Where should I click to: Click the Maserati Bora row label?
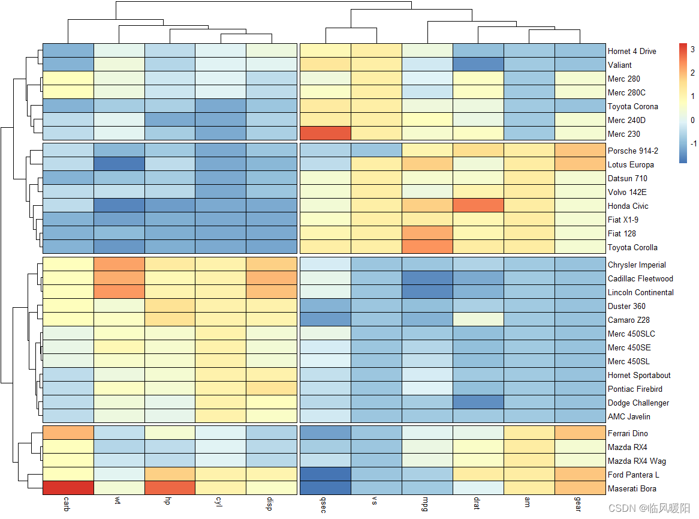click(x=632, y=488)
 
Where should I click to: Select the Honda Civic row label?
click(x=628, y=206)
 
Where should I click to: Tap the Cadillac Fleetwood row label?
click(x=640, y=278)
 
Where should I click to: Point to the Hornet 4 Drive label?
click(x=632, y=51)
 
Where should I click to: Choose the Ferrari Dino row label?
click(x=628, y=433)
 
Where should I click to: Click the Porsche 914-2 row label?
click(x=632, y=151)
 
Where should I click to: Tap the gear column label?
click(x=580, y=505)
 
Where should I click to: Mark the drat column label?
click(x=478, y=503)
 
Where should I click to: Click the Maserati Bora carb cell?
click(x=68, y=488)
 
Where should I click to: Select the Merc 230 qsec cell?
click(x=325, y=134)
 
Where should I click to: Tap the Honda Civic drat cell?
click(x=478, y=206)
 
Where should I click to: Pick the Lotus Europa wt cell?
click(x=119, y=164)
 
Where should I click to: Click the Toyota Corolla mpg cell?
click(x=427, y=247)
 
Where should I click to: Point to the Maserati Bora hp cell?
click(x=170, y=488)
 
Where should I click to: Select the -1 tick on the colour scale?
click(x=692, y=143)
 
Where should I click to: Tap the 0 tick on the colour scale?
click(x=692, y=119)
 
